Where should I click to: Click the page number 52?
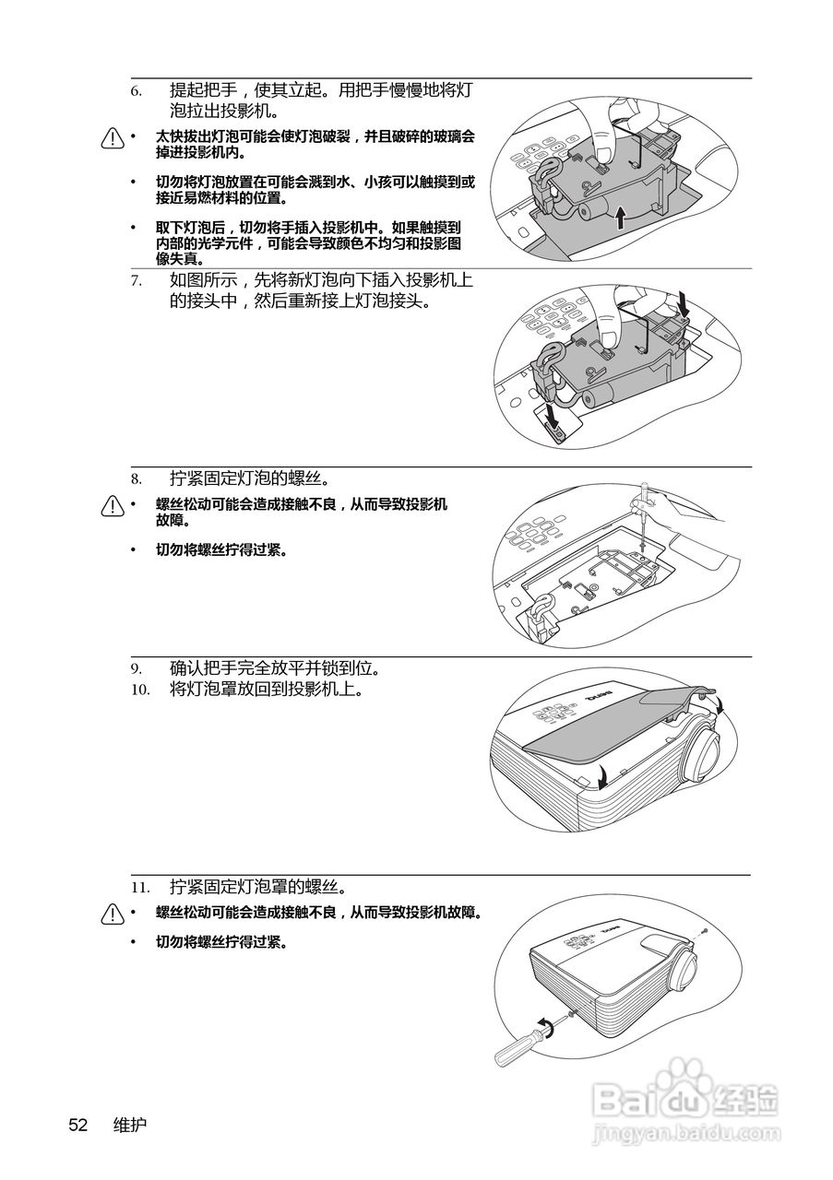(77, 1125)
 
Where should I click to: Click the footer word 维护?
(129, 1125)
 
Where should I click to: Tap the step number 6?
(136, 91)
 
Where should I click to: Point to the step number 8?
(136, 479)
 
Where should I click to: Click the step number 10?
(139, 689)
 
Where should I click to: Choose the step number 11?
(139, 888)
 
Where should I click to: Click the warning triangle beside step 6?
(113, 139)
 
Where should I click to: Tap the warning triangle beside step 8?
(113, 507)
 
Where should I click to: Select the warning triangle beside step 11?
(113, 914)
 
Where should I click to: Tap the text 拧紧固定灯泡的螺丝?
(250, 479)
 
